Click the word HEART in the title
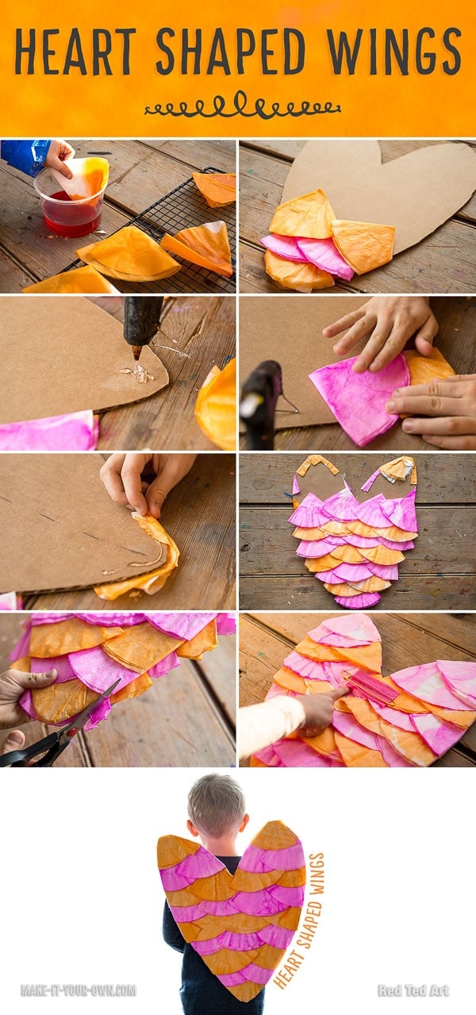[x=75, y=52]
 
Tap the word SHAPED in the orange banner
[x=231, y=52]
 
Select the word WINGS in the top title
[x=393, y=52]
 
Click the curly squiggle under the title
[x=242, y=106]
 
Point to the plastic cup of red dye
[x=69, y=201]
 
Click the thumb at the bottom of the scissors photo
[x=13, y=740]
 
